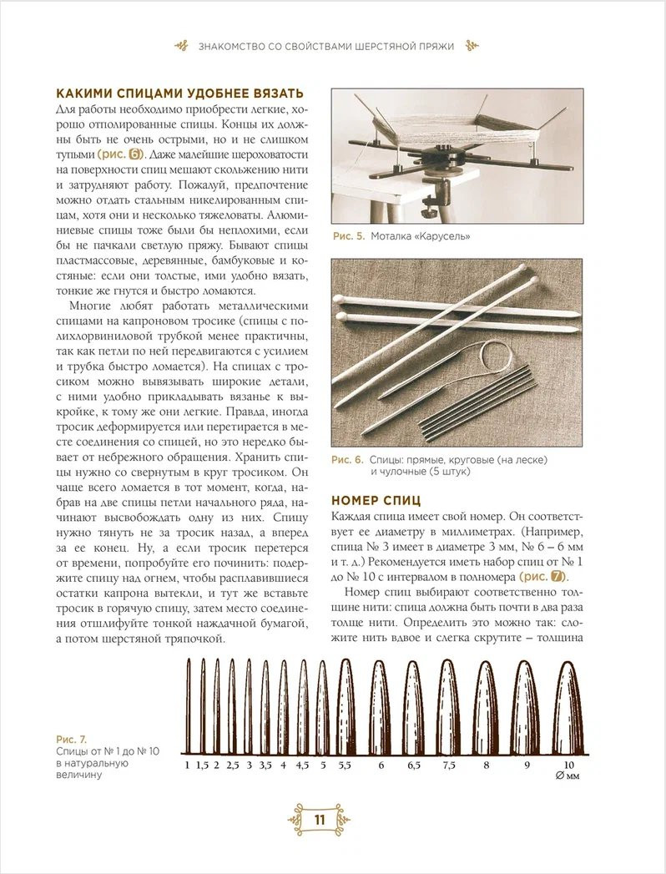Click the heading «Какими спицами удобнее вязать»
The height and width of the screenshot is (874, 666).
(179, 93)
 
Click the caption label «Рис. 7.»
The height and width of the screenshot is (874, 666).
(71, 740)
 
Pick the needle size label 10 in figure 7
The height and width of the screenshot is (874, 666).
(569, 764)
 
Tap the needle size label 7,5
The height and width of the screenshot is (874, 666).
(449, 764)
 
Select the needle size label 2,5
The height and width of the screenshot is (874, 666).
(233, 764)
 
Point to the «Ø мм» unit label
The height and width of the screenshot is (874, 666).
(568, 776)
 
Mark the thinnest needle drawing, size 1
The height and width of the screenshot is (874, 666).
(188, 705)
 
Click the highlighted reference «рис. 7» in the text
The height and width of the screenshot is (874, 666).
(542, 576)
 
